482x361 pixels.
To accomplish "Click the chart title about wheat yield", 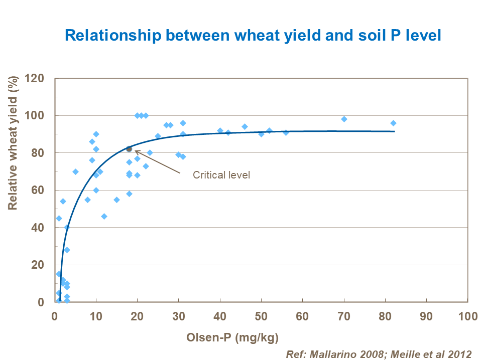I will (x=253, y=36).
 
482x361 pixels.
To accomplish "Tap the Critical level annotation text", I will (x=221, y=175).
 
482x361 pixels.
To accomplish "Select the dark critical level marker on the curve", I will (x=129, y=148).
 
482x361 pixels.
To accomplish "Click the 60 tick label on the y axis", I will (x=40, y=190).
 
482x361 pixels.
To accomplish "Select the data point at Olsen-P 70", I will (x=344, y=119).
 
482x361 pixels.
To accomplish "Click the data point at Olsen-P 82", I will (x=393, y=123).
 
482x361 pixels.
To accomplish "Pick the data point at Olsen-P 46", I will (x=245, y=127).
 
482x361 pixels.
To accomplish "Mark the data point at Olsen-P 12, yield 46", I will (x=104, y=216).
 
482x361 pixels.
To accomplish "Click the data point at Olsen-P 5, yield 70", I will (x=75, y=171).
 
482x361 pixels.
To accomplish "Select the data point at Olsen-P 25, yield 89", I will (x=158, y=136).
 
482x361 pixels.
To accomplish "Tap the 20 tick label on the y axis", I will (x=40, y=265).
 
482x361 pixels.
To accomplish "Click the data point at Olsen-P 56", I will (x=286, y=132).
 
